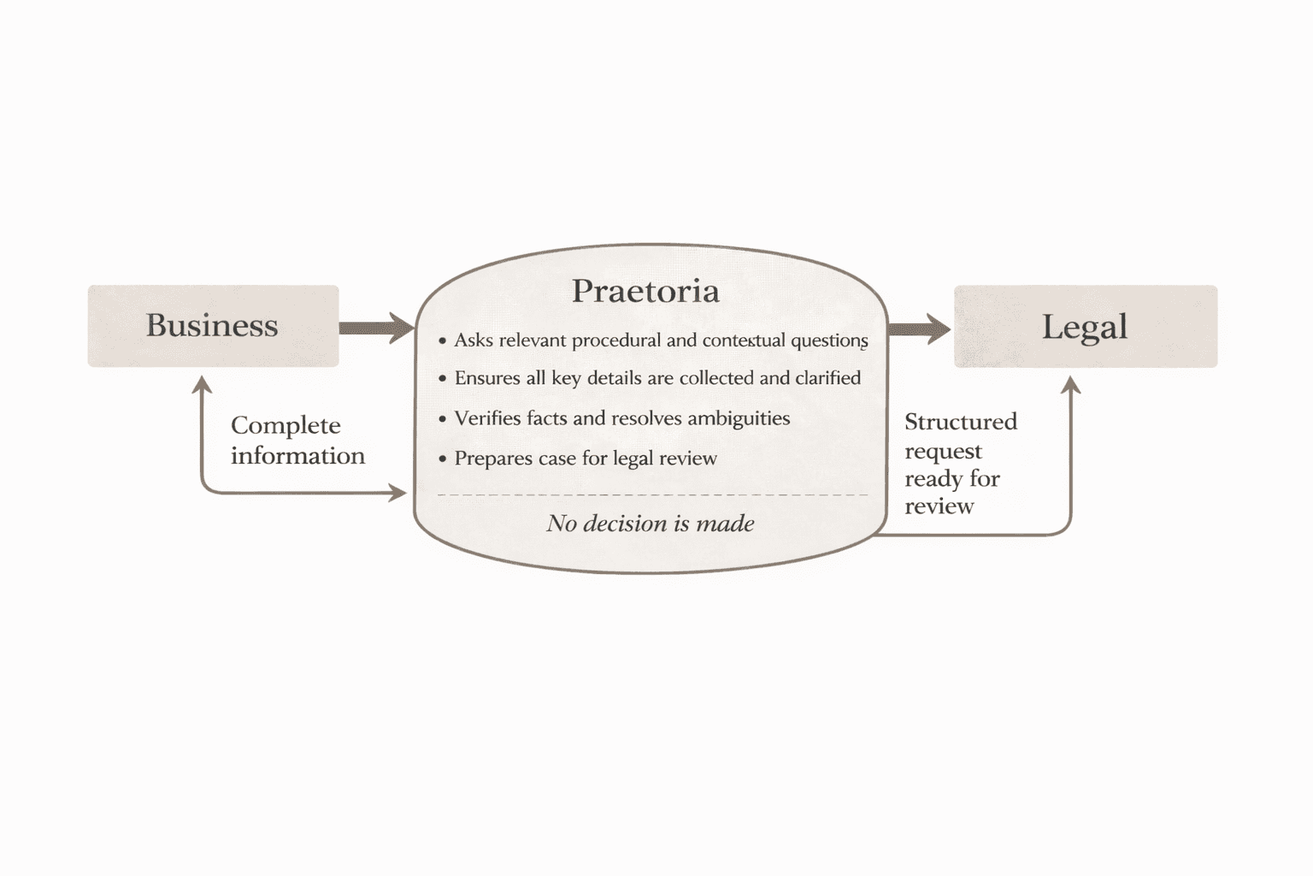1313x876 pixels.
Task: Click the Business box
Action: point(213,326)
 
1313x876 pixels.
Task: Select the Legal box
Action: point(1085,327)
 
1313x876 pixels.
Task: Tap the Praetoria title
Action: point(645,291)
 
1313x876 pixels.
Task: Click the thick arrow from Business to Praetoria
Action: point(376,328)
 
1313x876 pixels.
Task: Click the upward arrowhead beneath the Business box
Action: point(202,385)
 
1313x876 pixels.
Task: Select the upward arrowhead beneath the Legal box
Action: point(1071,386)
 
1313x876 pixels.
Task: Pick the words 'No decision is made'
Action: point(651,523)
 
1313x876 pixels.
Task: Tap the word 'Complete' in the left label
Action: point(286,425)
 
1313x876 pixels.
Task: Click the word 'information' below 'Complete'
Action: point(297,455)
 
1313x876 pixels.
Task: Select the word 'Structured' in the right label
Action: point(961,422)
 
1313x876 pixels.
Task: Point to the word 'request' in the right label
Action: point(943,451)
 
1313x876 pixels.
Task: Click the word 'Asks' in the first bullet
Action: point(474,340)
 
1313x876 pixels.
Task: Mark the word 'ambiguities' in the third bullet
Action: point(739,418)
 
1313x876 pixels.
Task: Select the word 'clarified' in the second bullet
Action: point(827,378)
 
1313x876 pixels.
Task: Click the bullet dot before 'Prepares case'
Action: point(442,459)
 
